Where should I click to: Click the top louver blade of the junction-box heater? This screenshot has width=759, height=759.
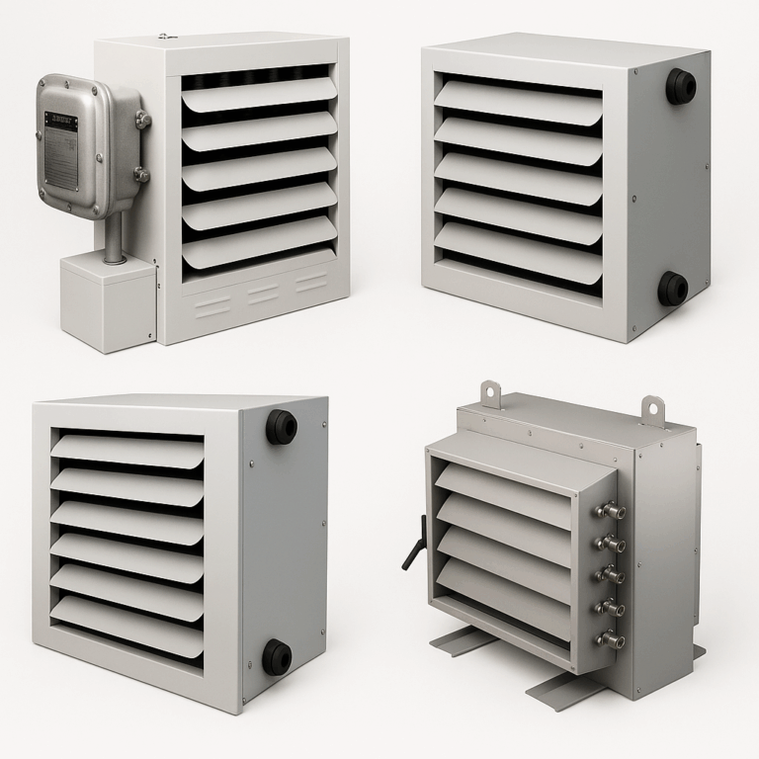(259, 95)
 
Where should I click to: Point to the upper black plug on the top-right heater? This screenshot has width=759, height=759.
(680, 85)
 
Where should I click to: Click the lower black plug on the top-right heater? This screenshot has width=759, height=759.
(674, 288)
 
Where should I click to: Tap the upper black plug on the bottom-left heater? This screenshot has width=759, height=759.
(282, 426)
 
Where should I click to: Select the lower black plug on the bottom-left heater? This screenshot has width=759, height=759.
(277, 655)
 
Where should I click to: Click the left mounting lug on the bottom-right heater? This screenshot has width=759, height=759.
(491, 393)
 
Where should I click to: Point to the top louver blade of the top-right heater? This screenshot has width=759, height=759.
(518, 99)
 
